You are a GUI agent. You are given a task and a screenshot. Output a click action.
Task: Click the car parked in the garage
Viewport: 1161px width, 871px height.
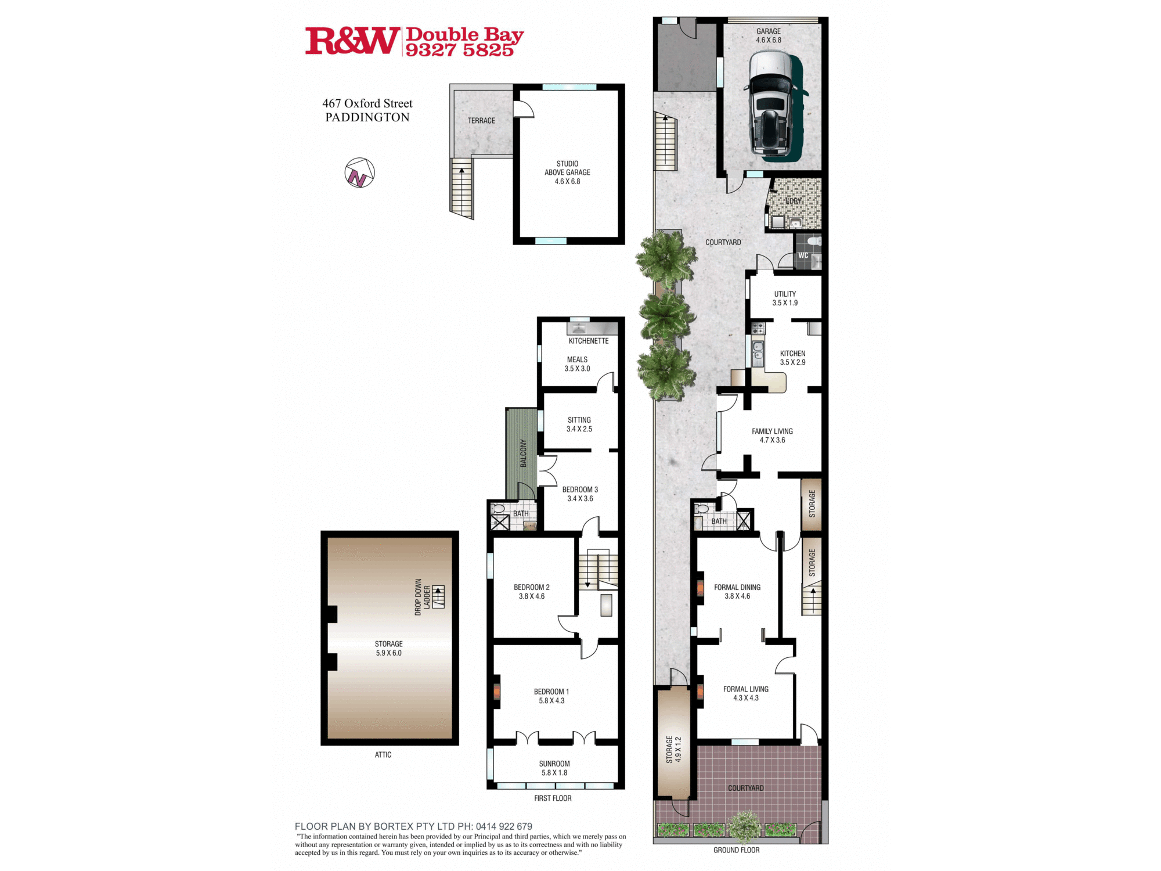772,105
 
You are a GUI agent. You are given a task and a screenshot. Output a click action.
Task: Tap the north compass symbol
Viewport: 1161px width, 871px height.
359,173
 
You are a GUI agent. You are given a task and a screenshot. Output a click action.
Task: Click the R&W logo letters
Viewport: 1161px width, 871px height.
352,41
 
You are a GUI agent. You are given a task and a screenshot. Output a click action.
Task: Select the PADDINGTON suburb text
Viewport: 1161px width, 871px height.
367,117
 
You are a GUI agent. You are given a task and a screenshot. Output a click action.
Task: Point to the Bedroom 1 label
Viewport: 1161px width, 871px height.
551,696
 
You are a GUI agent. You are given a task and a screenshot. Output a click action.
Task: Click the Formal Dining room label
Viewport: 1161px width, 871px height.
737,591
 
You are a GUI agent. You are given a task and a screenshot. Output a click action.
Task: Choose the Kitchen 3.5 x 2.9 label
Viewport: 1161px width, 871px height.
792,358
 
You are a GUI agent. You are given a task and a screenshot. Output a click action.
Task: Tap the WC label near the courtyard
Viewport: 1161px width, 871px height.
803,255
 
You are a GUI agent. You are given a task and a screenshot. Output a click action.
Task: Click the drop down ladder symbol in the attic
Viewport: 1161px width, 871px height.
438,597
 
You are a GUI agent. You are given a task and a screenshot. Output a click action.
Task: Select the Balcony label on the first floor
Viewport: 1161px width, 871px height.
523,453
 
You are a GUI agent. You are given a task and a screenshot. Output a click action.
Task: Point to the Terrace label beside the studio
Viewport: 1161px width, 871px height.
481,121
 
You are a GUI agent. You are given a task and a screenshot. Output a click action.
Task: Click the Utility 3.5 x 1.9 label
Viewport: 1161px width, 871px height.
785,298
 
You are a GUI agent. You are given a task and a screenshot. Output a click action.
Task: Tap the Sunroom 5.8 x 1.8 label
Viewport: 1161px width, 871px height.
554,768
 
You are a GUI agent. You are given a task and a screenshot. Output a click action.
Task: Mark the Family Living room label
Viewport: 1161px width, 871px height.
772,435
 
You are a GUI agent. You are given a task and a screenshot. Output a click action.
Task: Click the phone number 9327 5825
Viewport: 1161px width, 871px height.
459,51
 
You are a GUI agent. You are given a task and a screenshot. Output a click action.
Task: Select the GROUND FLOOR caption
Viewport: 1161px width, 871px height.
736,850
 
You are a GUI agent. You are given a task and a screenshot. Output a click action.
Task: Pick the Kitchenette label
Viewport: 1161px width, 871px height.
589,341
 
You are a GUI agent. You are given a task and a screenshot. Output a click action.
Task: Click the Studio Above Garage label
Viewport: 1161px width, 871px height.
567,172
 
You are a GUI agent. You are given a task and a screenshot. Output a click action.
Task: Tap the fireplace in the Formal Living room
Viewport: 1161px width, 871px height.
700,691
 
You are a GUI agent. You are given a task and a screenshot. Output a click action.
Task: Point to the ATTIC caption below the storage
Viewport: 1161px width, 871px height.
383,755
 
